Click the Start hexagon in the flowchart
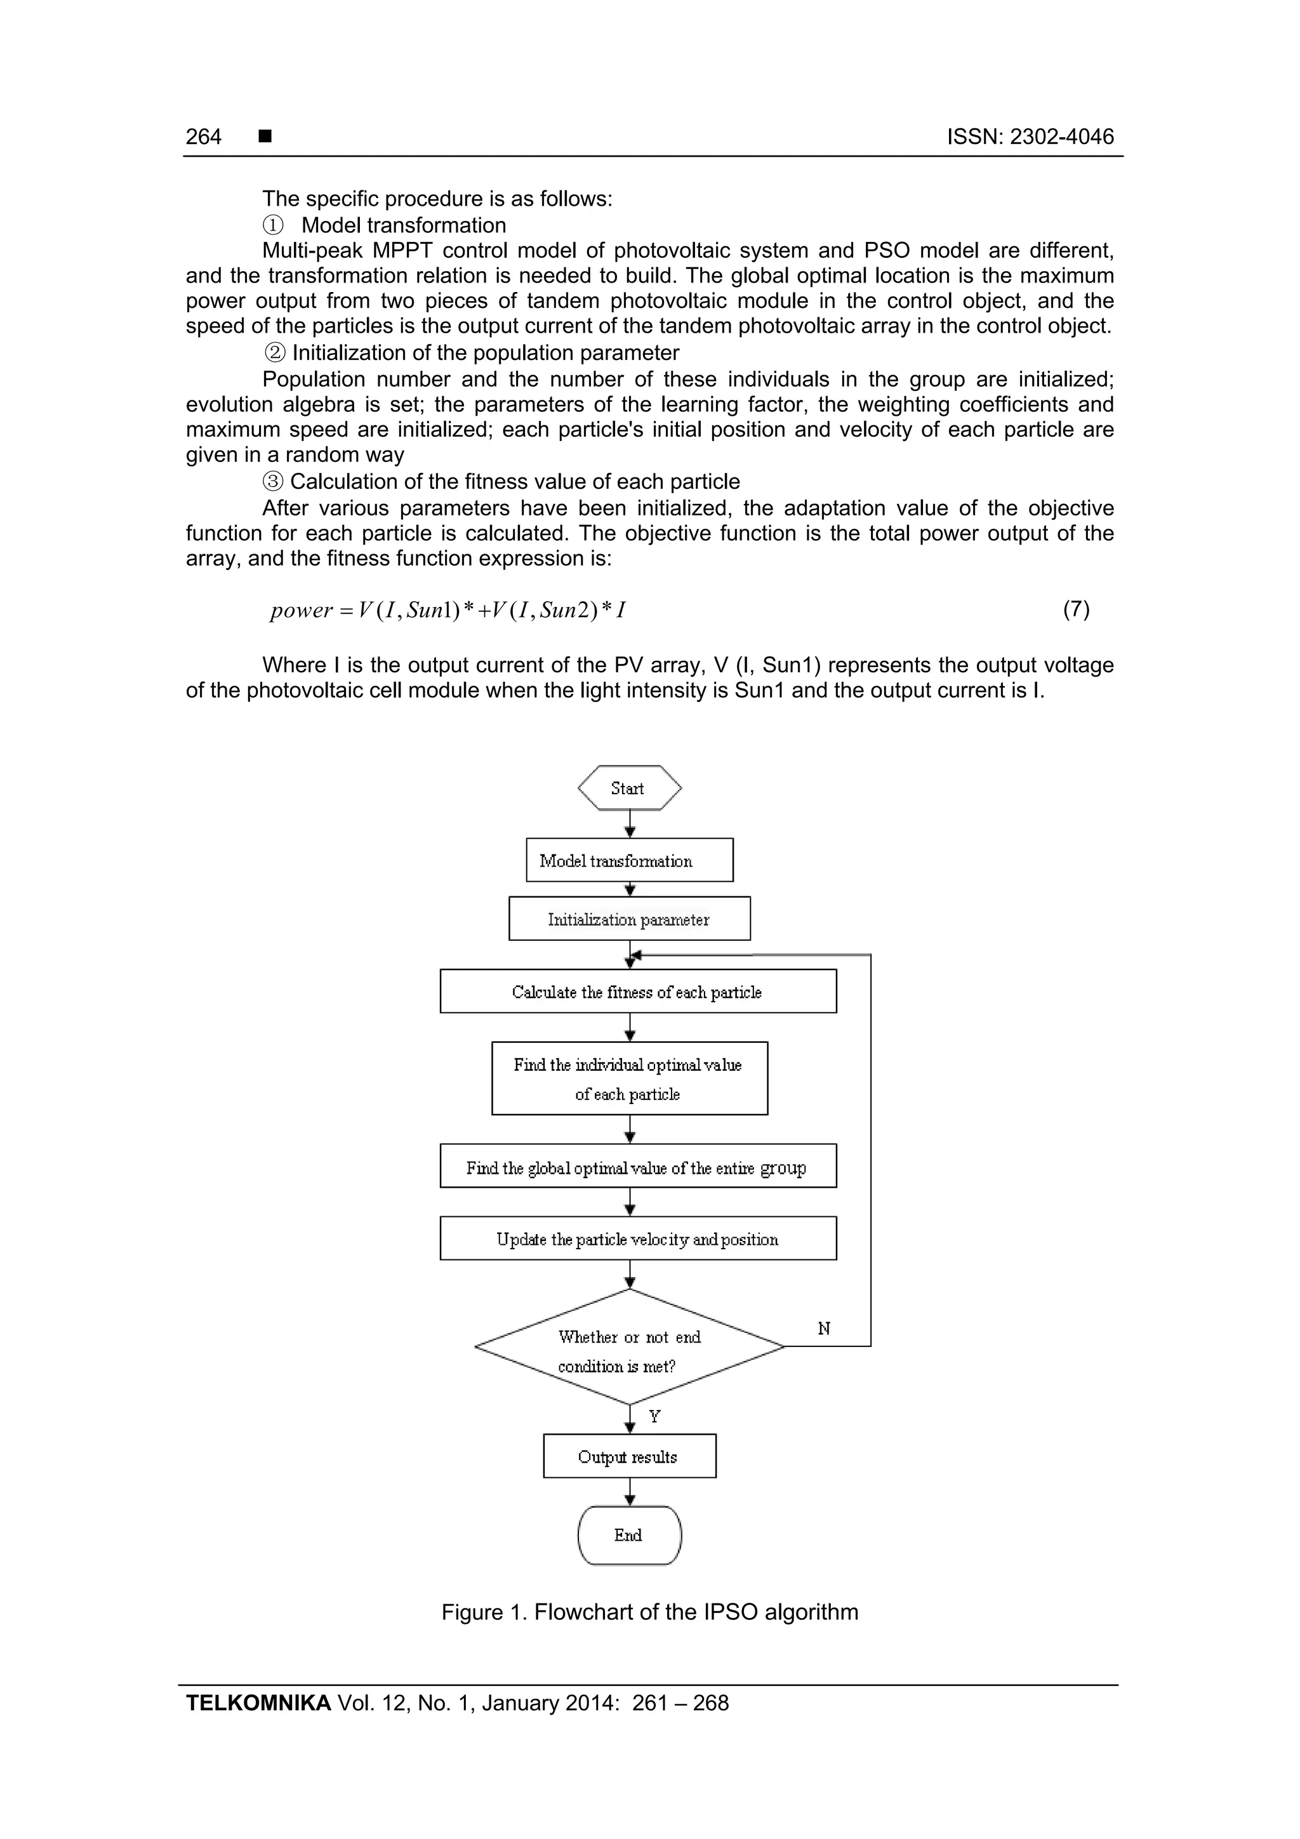pyautogui.click(x=630, y=788)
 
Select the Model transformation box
pyautogui.click(x=630, y=860)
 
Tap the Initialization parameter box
pyautogui.click(x=630, y=919)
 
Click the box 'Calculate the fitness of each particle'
pyautogui.click(x=637, y=992)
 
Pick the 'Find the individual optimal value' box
pyautogui.click(x=630, y=1078)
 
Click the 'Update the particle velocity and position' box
pyautogui.click(x=637, y=1238)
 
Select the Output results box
pyautogui.click(x=630, y=1456)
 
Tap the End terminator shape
pyautogui.click(x=630, y=1535)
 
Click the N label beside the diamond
pyautogui.click(x=824, y=1329)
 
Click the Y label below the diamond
pyautogui.click(x=654, y=1416)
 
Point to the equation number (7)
pyautogui.click(x=1076, y=609)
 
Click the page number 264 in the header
pyautogui.click(x=204, y=137)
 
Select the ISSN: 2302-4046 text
pyautogui.click(x=1030, y=137)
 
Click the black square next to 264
pyautogui.click(x=265, y=136)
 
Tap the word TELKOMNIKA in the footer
pyautogui.click(x=258, y=1703)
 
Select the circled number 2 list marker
pyautogui.click(x=275, y=353)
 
